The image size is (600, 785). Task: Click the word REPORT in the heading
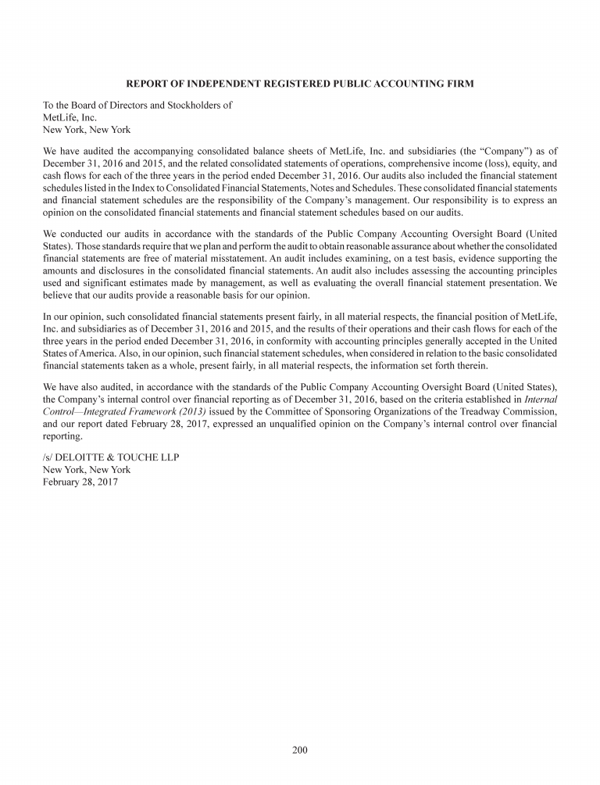click(148, 83)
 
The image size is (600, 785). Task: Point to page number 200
click(300, 751)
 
